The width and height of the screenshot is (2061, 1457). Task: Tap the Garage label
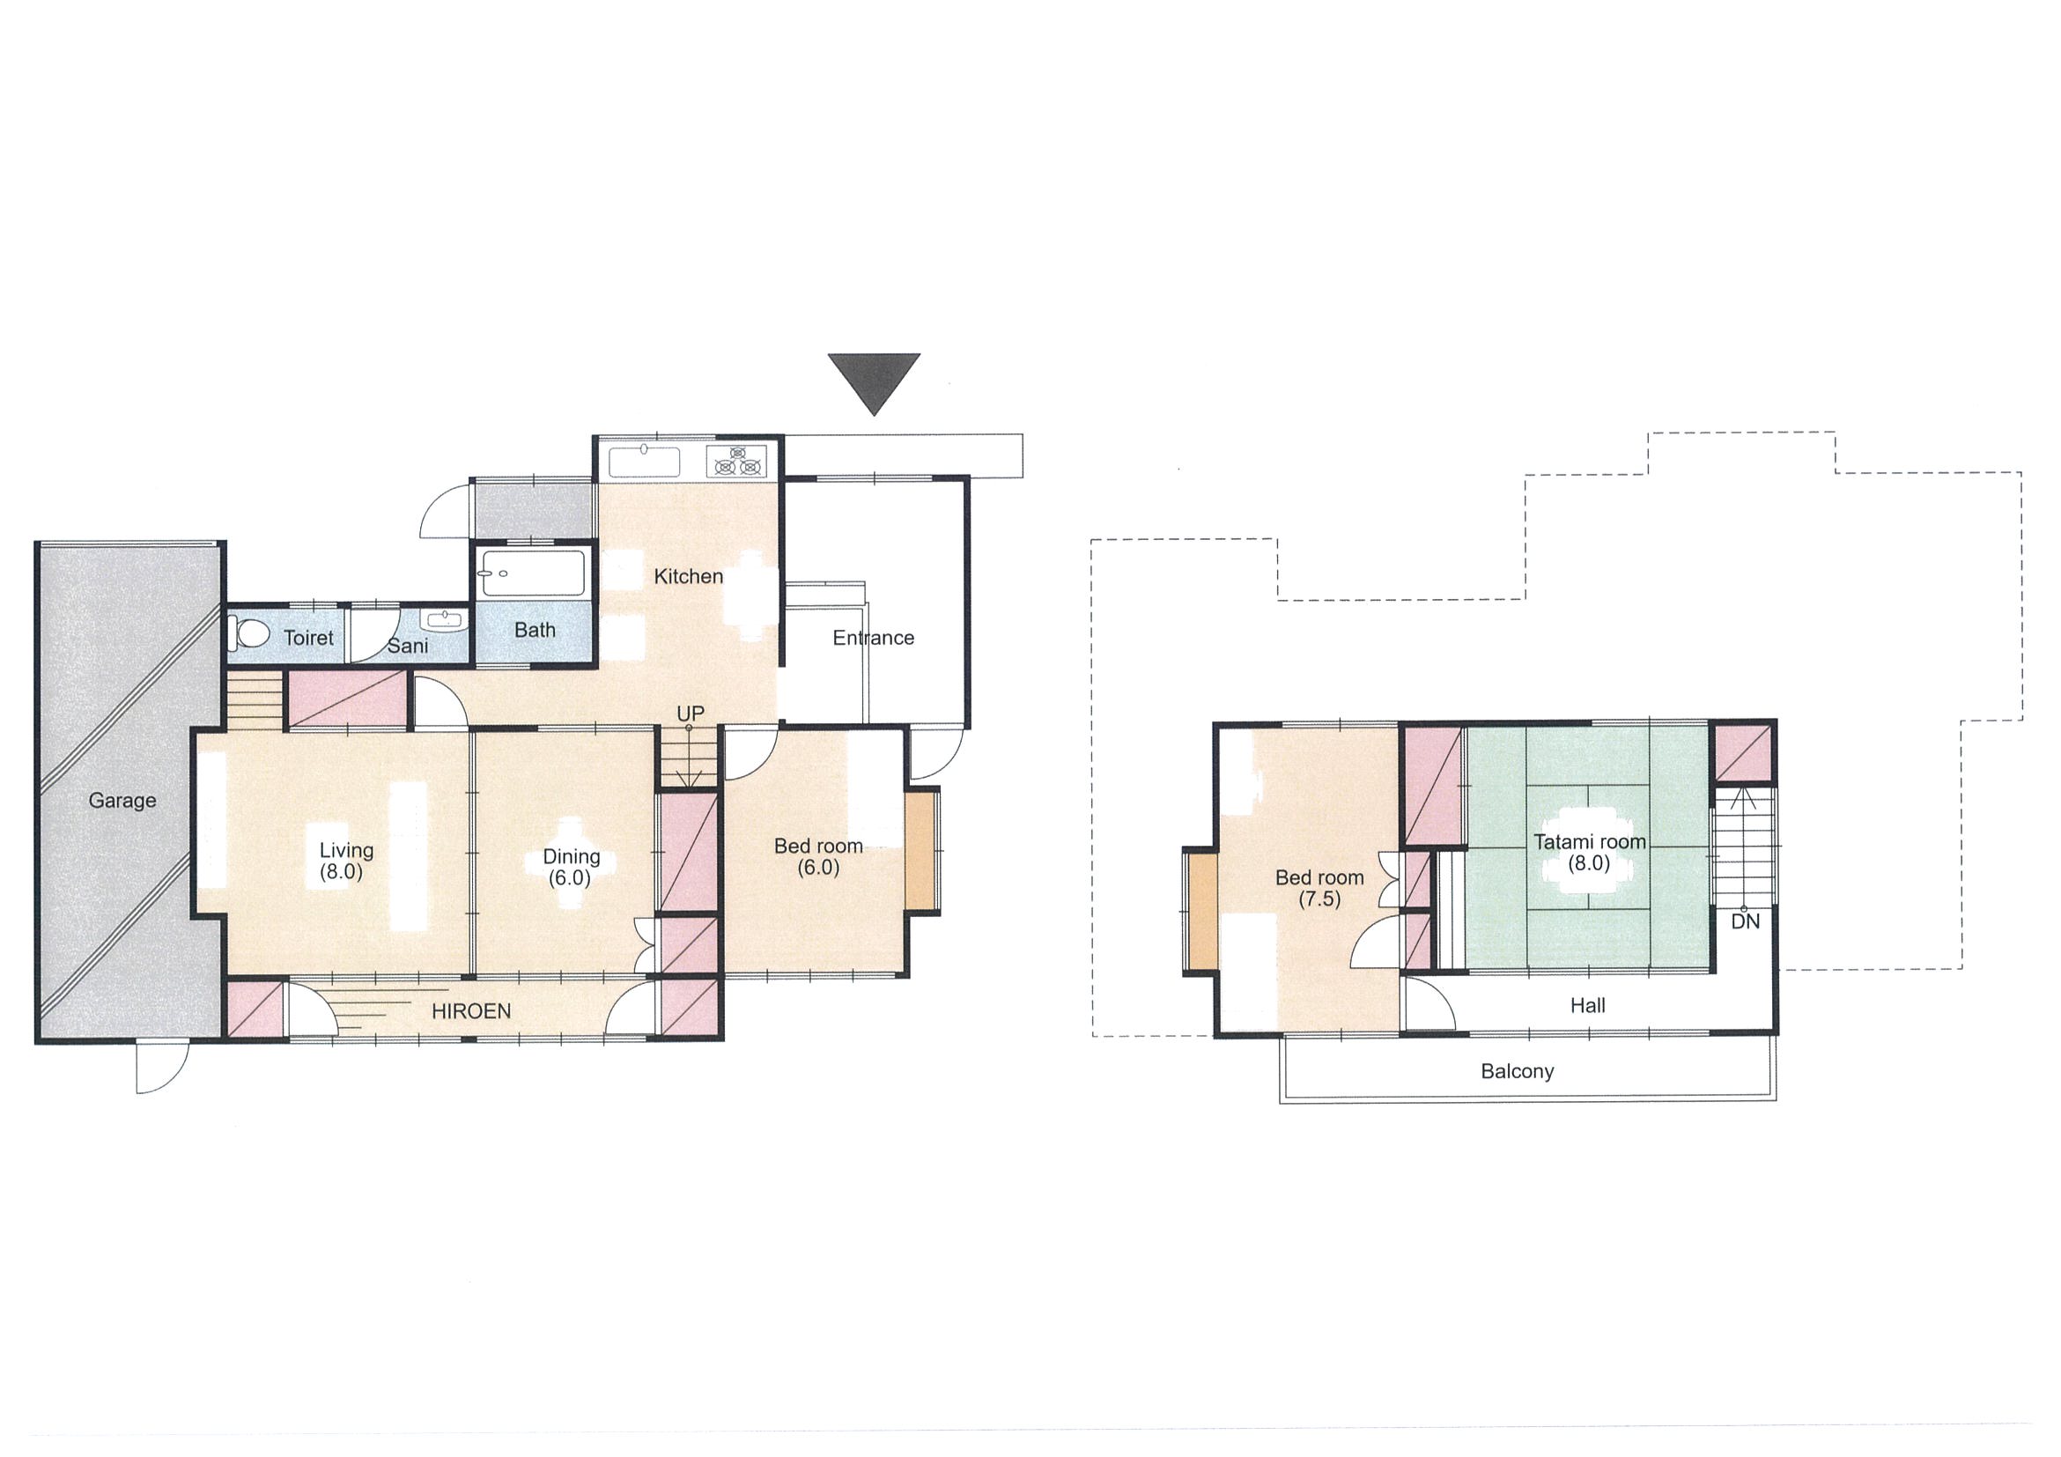click(122, 800)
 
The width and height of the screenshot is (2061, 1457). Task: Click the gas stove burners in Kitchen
click(737, 461)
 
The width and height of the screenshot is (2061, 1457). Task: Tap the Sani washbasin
click(443, 620)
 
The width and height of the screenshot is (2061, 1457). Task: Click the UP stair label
click(691, 713)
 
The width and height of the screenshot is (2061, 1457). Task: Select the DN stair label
click(1746, 921)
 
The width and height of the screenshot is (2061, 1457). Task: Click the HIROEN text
click(471, 1012)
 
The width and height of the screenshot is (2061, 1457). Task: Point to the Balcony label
click(1517, 1071)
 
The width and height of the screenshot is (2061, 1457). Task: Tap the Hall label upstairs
click(1588, 1005)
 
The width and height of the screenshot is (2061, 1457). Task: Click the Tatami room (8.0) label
click(1590, 853)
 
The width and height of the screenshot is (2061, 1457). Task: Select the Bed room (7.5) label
click(1319, 888)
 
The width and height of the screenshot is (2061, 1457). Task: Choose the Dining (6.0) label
click(571, 867)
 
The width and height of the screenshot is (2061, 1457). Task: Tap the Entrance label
click(874, 638)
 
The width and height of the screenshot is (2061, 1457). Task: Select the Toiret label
click(309, 638)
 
